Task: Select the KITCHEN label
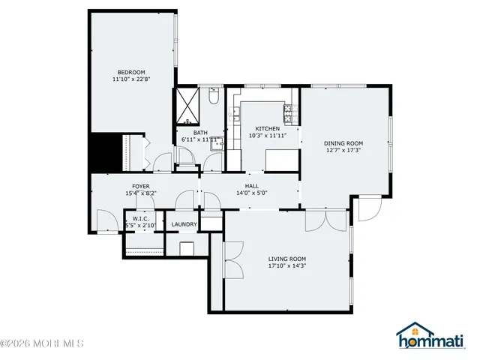click(x=267, y=128)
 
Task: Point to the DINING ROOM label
click(x=343, y=143)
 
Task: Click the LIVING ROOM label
click(x=287, y=257)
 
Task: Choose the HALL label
click(x=252, y=185)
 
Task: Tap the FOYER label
click(x=141, y=186)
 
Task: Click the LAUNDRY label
click(x=184, y=224)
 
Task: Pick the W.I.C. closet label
click(x=139, y=218)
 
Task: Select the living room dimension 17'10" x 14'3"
click(x=287, y=265)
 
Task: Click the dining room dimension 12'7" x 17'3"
click(x=343, y=151)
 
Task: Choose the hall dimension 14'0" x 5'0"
click(x=252, y=193)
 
